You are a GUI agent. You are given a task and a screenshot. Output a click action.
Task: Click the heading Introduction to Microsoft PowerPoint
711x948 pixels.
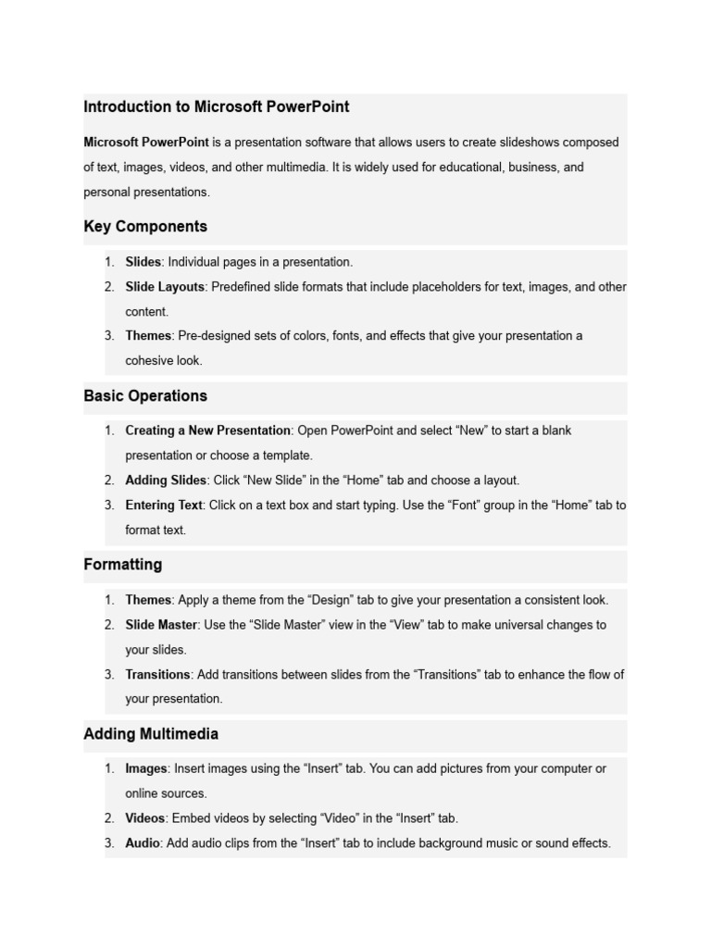(x=217, y=106)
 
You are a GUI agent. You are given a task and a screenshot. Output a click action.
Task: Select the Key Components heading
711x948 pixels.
(x=145, y=227)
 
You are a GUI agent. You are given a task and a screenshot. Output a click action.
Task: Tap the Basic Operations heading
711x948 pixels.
(x=145, y=396)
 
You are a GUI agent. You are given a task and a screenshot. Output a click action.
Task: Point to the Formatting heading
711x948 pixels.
(x=123, y=565)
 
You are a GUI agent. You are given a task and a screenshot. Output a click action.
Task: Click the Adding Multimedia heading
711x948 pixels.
(x=151, y=734)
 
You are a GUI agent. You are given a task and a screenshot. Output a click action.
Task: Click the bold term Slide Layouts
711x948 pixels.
(x=165, y=287)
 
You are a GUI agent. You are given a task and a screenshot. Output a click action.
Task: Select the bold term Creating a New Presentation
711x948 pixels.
(x=208, y=430)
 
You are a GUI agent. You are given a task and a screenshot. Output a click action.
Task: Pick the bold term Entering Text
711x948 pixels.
(x=164, y=505)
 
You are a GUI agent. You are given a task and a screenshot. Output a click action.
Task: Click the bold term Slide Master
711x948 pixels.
(x=161, y=625)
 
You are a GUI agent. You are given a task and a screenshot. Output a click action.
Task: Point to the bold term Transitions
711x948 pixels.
(x=157, y=675)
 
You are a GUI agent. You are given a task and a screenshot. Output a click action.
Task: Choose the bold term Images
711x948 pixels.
(x=146, y=768)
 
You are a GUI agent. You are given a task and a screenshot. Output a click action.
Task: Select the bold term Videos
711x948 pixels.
(x=145, y=818)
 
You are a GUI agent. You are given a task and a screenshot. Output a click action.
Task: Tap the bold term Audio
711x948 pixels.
(x=143, y=843)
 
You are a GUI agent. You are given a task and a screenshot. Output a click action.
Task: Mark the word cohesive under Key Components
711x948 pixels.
(x=147, y=360)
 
